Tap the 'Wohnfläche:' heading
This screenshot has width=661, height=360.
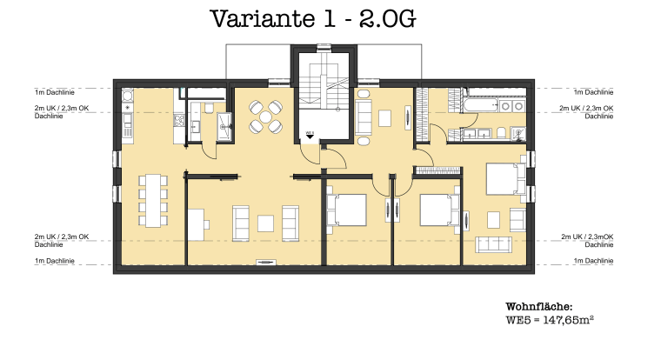click(539, 307)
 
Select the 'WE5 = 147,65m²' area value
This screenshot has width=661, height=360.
click(550, 321)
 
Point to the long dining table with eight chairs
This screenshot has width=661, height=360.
click(153, 200)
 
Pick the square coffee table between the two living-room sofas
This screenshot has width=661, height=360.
click(265, 223)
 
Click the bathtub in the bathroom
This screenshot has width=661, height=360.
click(478, 105)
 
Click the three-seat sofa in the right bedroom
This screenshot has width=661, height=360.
click(493, 244)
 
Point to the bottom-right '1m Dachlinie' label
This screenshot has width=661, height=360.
click(594, 261)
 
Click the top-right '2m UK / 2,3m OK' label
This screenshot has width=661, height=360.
click(587, 109)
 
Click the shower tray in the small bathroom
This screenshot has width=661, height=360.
click(225, 124)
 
